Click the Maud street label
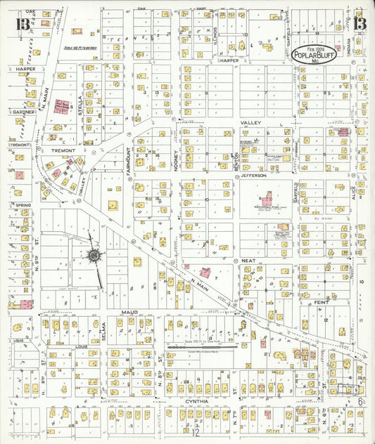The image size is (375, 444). [x=129, y=311]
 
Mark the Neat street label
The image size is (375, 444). [x=248, y=260]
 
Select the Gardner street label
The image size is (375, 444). [x=23, y=112]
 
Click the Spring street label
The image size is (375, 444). [x=21, y=205]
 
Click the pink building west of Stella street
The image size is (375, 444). [x=62, y=107]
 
